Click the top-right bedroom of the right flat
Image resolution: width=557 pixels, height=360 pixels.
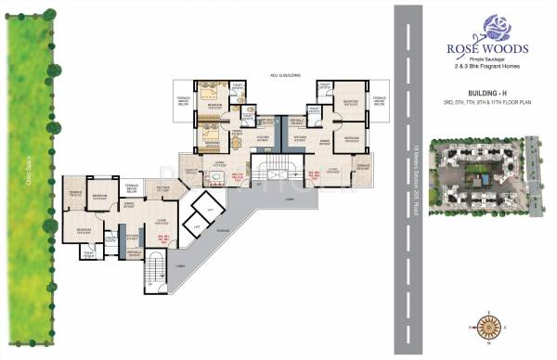coord(349,104)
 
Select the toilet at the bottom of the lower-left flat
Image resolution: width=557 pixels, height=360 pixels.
coord(90,251)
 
